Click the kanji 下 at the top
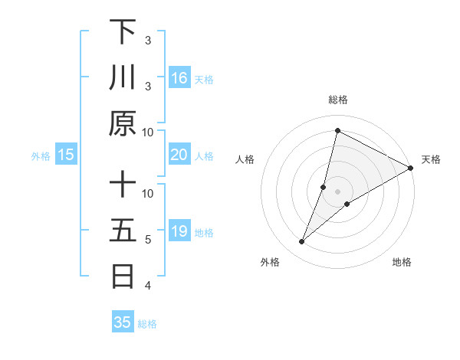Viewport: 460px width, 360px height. (123, 32)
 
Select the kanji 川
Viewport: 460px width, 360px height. (123, 77)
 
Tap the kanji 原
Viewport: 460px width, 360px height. (123, 123)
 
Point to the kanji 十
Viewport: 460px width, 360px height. (123, 185)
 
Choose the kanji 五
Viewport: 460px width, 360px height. (123, 230)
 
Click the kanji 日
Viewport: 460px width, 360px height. (123, 275)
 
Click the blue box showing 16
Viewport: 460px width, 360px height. (179, 78)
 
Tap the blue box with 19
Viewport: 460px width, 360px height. (179, 232)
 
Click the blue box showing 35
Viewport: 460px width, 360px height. (123, 322)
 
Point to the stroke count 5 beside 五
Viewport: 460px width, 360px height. (149, 240)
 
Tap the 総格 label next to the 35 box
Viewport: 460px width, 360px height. (147, 324)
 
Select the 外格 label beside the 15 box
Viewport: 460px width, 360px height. (41, 156)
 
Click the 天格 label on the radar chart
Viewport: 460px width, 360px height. (431, 159)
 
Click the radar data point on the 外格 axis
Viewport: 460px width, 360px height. (302, 242)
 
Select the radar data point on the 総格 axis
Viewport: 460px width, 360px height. (337, 130)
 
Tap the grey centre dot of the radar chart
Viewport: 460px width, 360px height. (337, 191)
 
